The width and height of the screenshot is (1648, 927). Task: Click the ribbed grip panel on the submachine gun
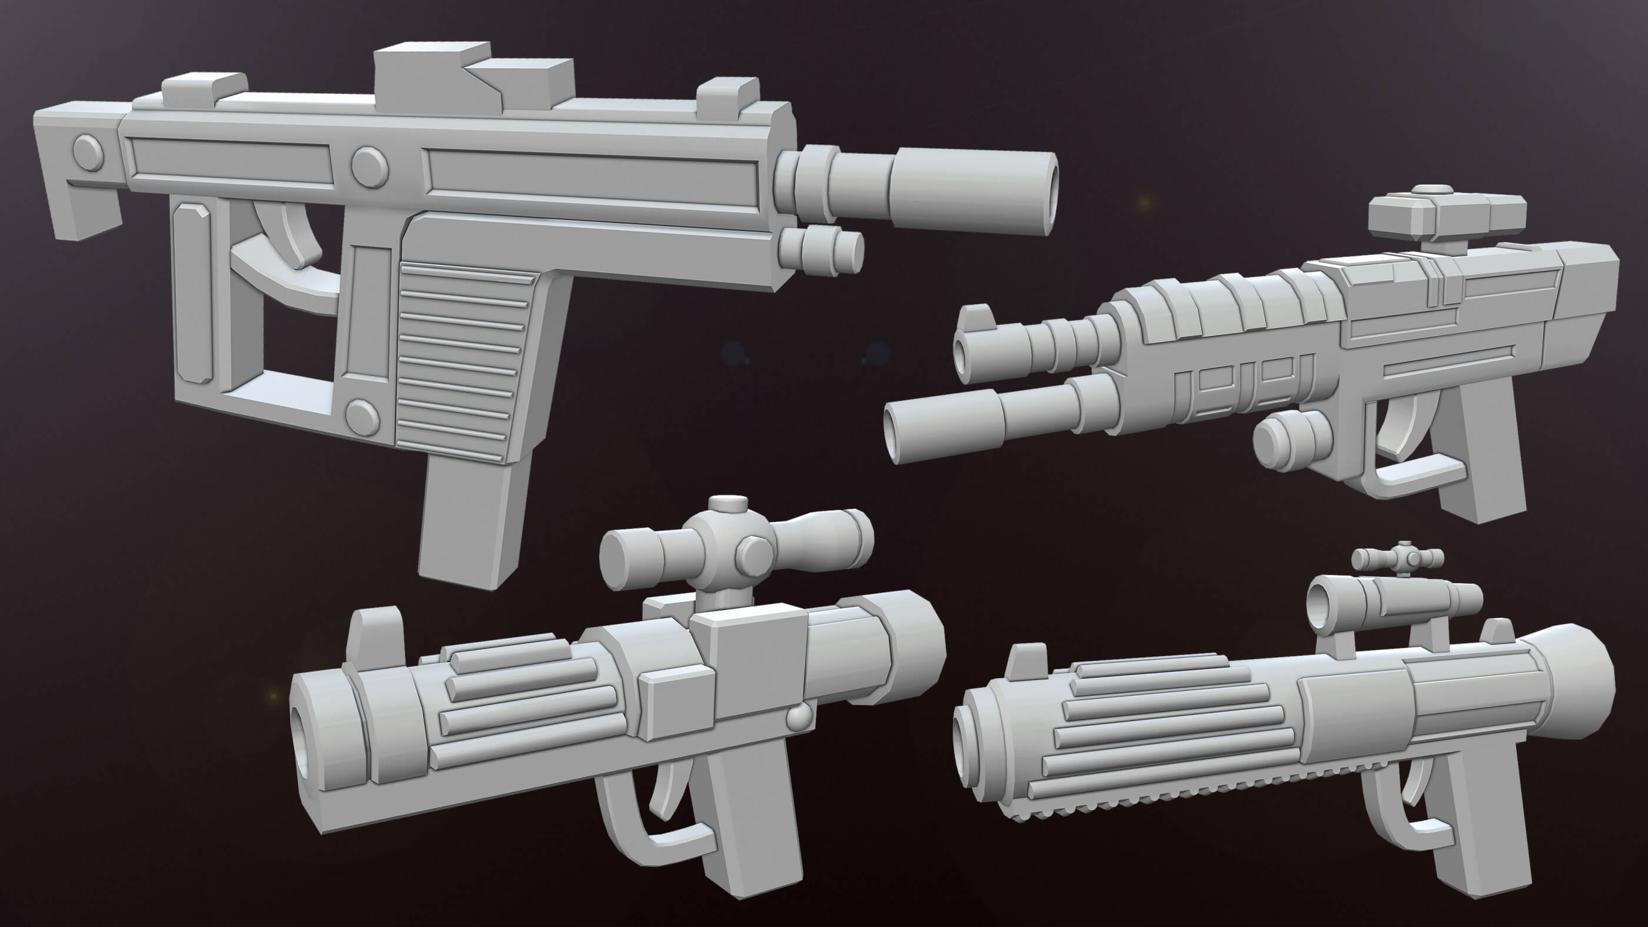461,358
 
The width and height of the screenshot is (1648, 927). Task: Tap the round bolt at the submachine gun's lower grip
361,416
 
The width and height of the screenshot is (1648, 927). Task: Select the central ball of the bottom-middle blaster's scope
723,547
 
